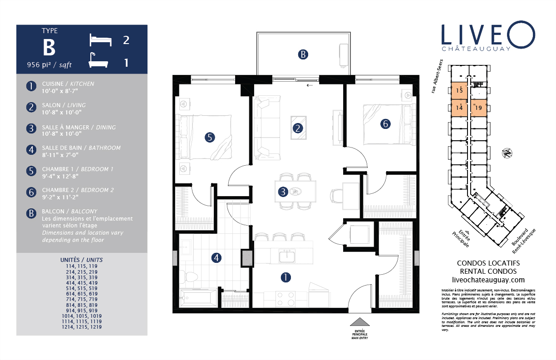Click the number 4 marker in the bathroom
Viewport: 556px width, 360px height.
pos(216,258)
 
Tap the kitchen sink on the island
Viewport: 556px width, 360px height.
pos(287,256)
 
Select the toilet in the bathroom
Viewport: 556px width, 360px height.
pos(188,277)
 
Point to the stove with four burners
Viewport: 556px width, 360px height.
pos(285,299)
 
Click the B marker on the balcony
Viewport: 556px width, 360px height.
pos(303,54)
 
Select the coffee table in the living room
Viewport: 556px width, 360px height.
pos(299,128)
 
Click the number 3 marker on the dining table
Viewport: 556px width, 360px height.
pos(283,192)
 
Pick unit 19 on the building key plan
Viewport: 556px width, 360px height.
pos(478,108)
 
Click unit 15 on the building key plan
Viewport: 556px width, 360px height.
pos(459,91)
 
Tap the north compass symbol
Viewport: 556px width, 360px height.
pos(507,153)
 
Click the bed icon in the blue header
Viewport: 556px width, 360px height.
pos(100,40)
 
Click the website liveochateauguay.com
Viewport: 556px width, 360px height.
pos(488,280)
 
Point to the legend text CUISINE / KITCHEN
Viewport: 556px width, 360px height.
pos(68,84)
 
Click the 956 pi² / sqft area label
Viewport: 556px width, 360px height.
pos(49,65)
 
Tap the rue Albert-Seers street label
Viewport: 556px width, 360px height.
pos(437,76)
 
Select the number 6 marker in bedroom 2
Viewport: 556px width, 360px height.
pos(385,123)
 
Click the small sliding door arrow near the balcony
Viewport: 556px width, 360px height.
pos(310,85)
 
